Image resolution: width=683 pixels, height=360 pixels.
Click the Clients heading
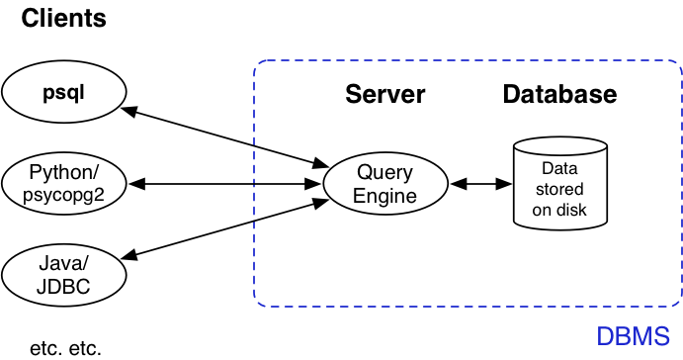pos(63,18)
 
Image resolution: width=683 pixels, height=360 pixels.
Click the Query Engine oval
pos(385,184)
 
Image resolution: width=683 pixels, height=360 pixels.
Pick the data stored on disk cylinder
pos(559,183)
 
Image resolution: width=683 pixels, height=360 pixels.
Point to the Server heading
pos(384,95)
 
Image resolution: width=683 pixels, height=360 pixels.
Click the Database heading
pos(559,95)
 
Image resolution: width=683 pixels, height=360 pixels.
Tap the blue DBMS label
pos(633,335)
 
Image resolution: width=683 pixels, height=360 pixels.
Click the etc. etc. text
pos(65,347)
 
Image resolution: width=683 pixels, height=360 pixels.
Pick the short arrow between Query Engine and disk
pos(480,184)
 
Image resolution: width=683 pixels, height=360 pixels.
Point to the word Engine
pos(385,196)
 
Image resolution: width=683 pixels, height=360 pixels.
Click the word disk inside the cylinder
pos(571,210)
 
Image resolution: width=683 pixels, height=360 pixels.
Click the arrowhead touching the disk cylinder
pos(505,184)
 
